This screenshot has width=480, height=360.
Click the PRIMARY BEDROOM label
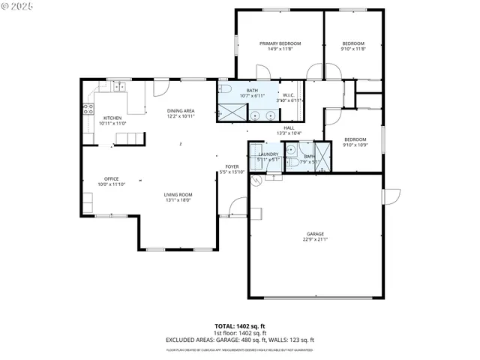(280, 43)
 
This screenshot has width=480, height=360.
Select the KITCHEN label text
(112, 118)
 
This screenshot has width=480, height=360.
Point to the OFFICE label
(112, 178)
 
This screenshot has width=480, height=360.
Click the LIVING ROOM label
(178, 195)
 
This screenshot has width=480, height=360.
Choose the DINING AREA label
(181, 110)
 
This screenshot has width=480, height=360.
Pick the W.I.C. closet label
(289, 94)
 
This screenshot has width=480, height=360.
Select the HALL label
(289, 127)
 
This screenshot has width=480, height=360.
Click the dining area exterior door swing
(158, 88)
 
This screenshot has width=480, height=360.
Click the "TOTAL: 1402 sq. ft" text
(239, 326)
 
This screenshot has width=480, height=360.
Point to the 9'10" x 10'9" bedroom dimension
(355, 145)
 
